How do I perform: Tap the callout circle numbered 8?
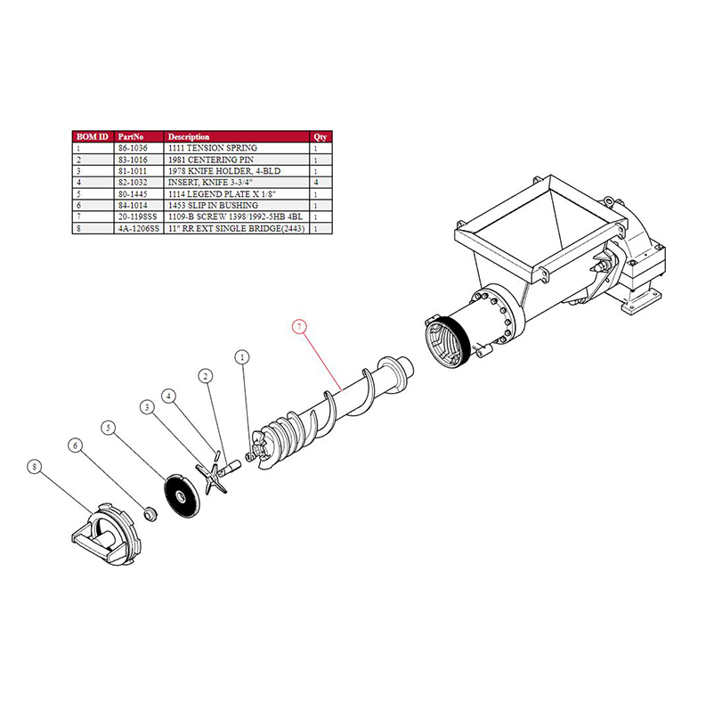click(35, 466)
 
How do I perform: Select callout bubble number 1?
click(241, 357)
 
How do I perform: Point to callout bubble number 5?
click(110, 428)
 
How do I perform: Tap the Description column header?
click(189, 137)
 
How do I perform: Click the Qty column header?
click(320, 137)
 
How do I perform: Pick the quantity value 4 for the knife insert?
click(316, 182)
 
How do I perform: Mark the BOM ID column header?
click(91, 137)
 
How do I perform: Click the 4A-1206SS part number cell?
click(136, 228)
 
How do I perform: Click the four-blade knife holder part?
click(210, 476)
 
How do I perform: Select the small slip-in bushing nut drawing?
click(150, 514)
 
